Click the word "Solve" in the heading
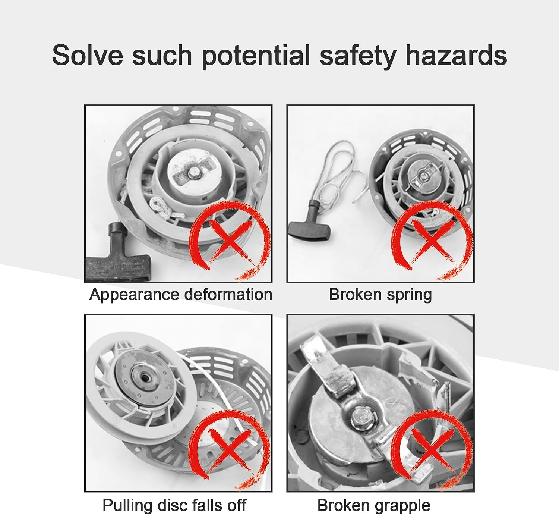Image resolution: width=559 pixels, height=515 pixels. [x=87, y=55]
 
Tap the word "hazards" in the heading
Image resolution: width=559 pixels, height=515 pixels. [x=456, y=55]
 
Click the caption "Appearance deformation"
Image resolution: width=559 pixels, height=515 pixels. [x=181, y=295]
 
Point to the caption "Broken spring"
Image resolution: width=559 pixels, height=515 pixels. [x=380, y=295]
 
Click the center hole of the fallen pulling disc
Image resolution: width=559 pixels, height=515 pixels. [x=145, y=378]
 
